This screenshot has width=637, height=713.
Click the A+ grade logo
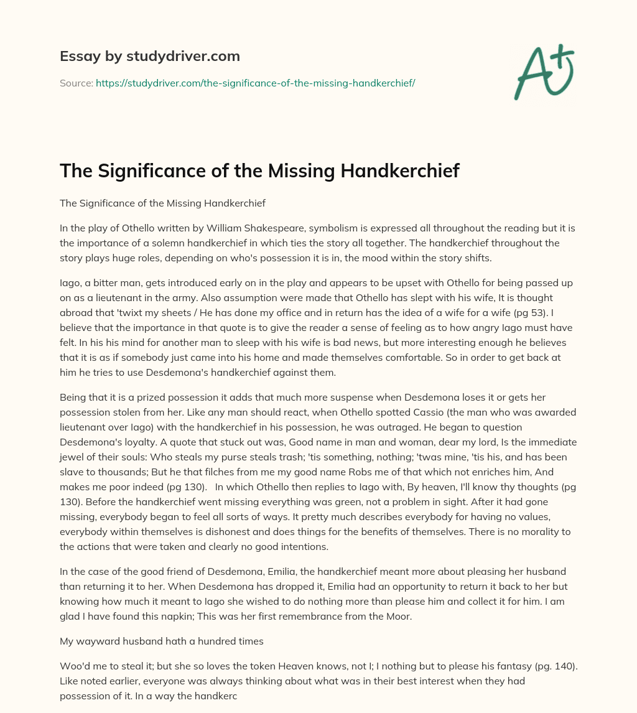click(x=543, y=72)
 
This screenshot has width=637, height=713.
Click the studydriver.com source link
click(x=255, y=83)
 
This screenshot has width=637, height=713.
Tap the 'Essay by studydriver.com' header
click(x=149, y=56)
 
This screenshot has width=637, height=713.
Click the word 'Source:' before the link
click(x=77, y=83)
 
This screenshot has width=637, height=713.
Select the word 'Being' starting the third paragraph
click(x=73, y=397)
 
